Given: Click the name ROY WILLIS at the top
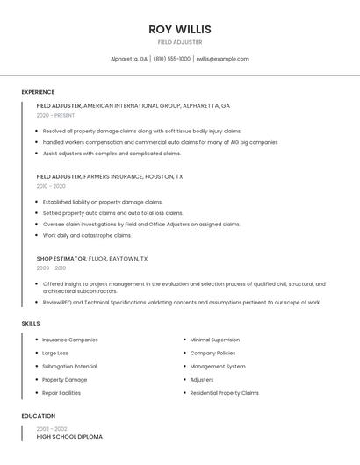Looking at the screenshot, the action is [180, 29].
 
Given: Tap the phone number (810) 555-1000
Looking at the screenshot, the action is [172, 59].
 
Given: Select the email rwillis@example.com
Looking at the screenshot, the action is [222, 59].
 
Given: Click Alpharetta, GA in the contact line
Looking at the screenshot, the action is [129, 59].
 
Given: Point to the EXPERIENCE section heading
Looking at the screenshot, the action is [38, 92].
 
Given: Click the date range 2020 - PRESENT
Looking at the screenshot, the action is [55, 115].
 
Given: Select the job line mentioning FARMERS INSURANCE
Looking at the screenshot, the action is [110, 176].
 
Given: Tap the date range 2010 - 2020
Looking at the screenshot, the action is [51, 186].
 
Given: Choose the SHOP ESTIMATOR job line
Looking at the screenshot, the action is [92, 259].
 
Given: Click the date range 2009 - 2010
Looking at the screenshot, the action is [51, 268].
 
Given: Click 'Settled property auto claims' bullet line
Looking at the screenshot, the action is [112, 212].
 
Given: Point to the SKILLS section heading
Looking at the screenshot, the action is [31, 324].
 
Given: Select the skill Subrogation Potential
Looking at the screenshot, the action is [69, 366].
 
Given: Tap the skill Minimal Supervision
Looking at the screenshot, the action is [214, 340].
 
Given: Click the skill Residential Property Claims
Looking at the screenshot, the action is [224, 393].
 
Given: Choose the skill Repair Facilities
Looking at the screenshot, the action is [61, 393].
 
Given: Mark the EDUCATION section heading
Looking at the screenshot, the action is [38, 416].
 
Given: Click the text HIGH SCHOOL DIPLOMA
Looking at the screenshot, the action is [69, 436].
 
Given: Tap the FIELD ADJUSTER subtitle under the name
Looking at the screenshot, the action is [180, 42].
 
